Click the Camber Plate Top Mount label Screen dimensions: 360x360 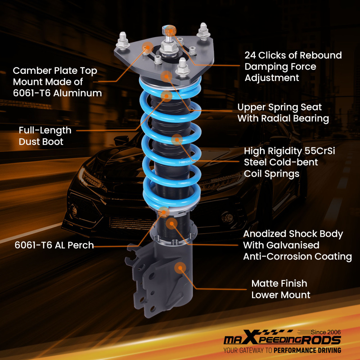(x=55, y=82)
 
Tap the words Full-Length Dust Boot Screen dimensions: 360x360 (x=45, y=136)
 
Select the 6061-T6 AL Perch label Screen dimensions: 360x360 (x=54, y=245)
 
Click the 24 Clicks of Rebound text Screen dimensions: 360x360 (x=293, y=55)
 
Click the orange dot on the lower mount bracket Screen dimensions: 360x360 (x=180, y=267)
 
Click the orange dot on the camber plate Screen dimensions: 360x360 (x=147, y=47)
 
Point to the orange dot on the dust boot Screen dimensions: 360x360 (x=166, y=95)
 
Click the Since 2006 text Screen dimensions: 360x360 (x=326, y=332)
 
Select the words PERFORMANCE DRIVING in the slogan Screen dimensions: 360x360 (x=307, y=350)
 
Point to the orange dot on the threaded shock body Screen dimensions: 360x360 (x=172, y=223)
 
